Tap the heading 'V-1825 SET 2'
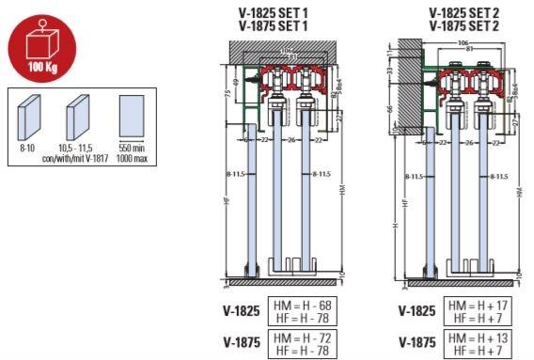463,14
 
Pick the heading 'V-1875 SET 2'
463,26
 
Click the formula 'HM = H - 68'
303,305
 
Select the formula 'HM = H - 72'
303,336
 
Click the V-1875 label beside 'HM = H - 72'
243,342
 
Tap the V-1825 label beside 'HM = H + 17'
417,311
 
